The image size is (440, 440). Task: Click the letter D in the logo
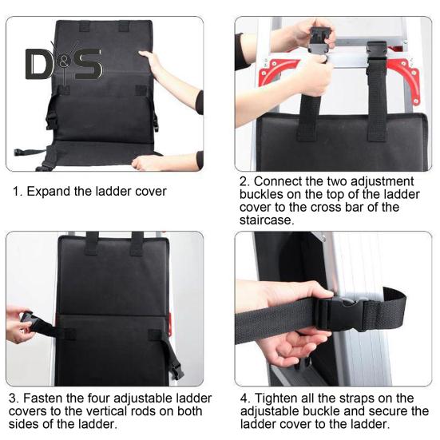pos(40,65)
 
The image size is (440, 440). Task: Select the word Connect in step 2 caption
pos(279,182)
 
